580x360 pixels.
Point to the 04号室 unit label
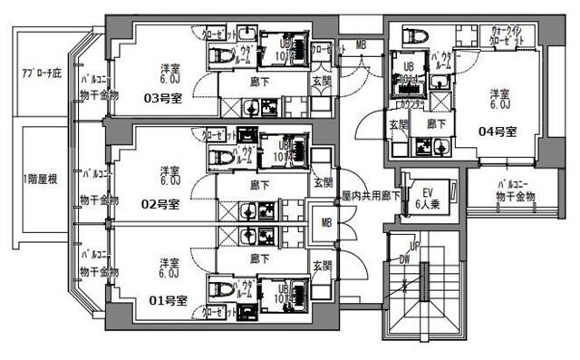(498, 131)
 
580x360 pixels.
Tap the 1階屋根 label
(40, 179)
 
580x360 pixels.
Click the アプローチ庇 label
(41, 69)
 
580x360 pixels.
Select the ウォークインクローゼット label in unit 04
(507, 36)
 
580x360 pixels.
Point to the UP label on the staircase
(414, 247)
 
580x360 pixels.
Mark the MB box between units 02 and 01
(324, 219)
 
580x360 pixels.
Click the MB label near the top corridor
(361, 44)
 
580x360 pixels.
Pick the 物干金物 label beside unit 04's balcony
(517, 197)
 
